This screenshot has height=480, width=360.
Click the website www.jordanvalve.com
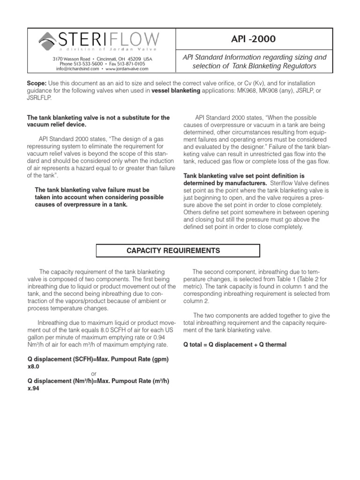pyautogui.click(x=127, y=68)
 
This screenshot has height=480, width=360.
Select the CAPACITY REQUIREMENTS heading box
pyautogui.click(x=173, y=251)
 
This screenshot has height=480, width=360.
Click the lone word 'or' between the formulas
pyautogui.click(x=94, y=374)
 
